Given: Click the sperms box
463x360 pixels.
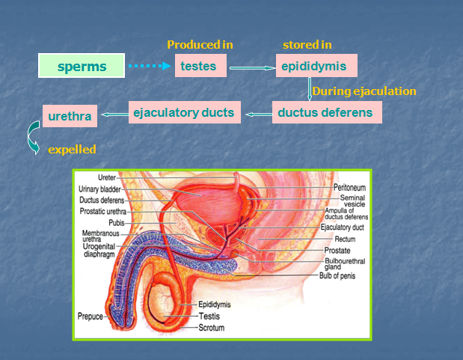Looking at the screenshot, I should (82, 67).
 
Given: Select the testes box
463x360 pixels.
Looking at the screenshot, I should (198, 66).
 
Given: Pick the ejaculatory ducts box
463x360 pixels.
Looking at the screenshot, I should (184, 113).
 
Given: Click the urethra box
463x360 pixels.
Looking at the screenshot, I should (70, 116).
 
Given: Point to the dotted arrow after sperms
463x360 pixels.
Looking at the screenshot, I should (149, 67).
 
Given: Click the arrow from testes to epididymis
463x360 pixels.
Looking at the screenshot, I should (252, 67).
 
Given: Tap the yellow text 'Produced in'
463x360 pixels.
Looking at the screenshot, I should (200, 45).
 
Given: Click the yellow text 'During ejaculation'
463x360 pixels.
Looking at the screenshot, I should (364, 91).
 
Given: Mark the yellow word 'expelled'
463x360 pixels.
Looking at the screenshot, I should (72, 150).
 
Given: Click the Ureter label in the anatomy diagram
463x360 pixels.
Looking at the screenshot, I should (107, 178).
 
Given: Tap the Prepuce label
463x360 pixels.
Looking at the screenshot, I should (91, 317).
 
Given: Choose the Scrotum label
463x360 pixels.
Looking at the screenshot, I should (212, 328).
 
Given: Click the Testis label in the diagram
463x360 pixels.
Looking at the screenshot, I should (209, 317).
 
